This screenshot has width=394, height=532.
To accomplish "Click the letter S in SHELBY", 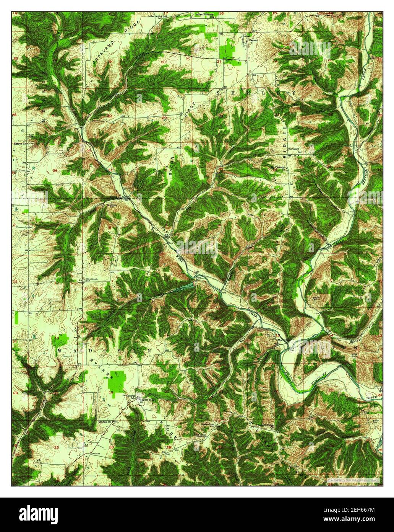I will click(x=220, y=93).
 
